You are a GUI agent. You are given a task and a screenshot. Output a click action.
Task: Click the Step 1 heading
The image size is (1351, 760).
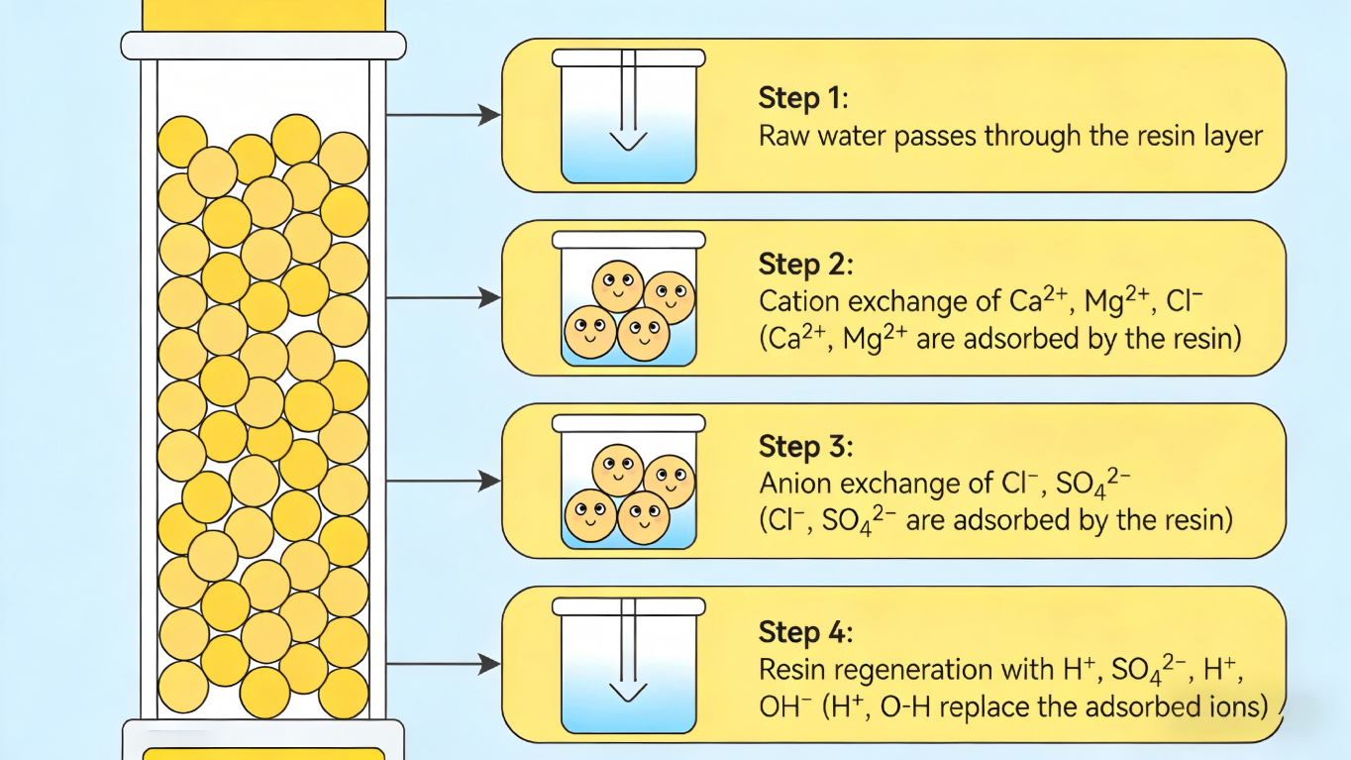pyautogui.click(x=803, y=98)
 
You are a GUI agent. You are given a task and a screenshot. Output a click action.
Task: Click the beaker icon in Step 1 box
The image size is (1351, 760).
pyautogui.click(x=628, y=116)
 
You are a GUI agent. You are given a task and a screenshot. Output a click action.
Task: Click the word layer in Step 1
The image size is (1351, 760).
pyautogui.click(x=1236, y=136)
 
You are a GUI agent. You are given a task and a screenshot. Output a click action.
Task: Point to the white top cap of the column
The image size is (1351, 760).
pyautogui.click(x=263, y=46)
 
